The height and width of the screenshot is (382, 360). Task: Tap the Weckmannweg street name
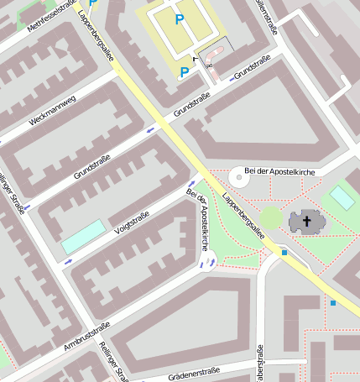(52, 110)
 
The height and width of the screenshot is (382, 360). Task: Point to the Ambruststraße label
(87, 336)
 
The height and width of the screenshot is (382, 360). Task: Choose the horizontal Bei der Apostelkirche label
(277, 171)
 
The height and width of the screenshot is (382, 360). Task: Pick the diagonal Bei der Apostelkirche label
(197, 221)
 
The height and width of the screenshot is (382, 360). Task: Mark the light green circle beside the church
(270, 218)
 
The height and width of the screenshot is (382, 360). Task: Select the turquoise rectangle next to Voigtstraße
(84, 236)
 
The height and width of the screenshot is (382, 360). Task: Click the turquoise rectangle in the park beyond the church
(342, 197)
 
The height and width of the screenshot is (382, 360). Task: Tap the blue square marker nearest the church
(284, 252)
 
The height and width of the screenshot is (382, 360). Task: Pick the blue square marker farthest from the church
(333, 302)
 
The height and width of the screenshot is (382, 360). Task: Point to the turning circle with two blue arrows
(206, 265)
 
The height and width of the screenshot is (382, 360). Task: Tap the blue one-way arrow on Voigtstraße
(69, 260)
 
